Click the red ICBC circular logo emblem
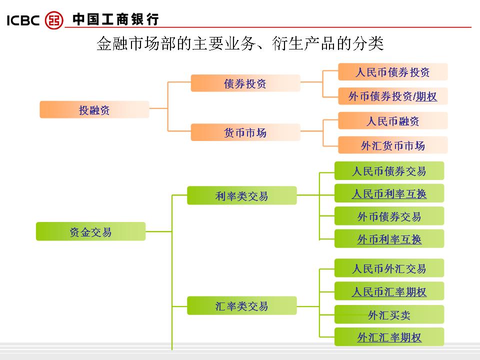[54, 20]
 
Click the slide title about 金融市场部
[240, 44]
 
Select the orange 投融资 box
[94, 110]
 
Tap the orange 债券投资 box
[245, 83]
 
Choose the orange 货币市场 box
[245, 132]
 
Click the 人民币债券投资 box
[393, 72]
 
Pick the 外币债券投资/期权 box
[393, 96]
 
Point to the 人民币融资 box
[393, 121]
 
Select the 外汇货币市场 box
[393, 145]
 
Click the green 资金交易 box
[91, 231]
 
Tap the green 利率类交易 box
[242, 196]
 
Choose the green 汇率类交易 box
[242, 305]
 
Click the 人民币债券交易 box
[389, 171]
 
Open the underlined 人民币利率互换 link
[389, 193]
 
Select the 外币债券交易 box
[389, 216]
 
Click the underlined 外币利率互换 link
[389, 239]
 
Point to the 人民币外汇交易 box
[389, 268]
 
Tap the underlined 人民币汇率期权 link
[389, 291]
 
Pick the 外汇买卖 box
[389, 315]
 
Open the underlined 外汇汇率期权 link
[389, 337]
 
